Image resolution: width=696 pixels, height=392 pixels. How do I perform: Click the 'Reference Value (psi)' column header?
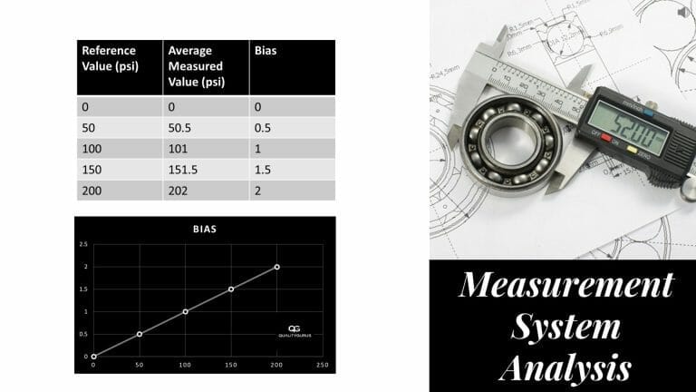tap(109, 58)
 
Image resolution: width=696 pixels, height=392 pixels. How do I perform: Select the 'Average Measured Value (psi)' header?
tap(196, 66)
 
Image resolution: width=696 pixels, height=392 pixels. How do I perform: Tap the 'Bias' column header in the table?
tap(266, 51)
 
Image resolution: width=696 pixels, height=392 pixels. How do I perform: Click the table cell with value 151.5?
tap(184, 169)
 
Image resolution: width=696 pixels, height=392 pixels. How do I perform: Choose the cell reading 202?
tap(178, 190)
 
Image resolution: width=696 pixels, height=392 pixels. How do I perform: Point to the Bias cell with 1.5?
tap(263, 169)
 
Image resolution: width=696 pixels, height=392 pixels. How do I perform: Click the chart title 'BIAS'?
tap(205, 230)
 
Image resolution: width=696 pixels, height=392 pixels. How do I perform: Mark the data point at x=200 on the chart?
tap(277, 267)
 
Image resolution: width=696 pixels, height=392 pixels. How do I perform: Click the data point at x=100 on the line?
tap(186, 311)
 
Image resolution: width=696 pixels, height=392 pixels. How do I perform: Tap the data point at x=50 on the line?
tap(140, 334)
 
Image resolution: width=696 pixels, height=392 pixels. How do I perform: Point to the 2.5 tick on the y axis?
tap(83, 245)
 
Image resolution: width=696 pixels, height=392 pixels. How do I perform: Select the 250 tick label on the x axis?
tap(322, 365)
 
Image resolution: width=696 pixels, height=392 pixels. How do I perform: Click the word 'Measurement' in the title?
tap(565, 285)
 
